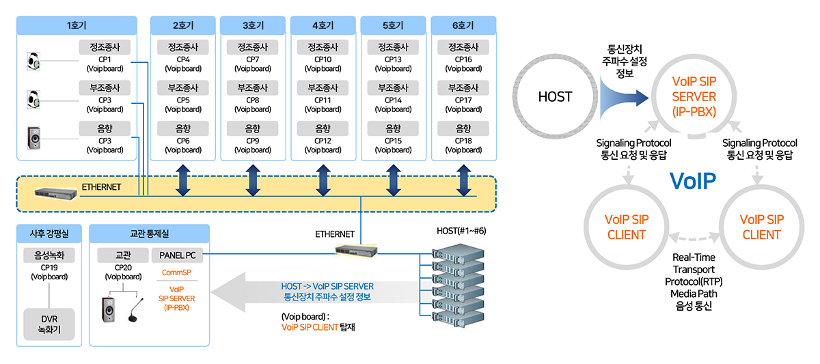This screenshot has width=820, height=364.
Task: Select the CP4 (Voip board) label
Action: point(182,64)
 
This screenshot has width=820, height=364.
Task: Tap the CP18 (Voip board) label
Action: point(463,145)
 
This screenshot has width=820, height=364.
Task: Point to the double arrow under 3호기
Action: point(253,181)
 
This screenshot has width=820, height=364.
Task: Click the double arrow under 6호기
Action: point(463,181)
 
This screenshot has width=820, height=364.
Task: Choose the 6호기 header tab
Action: point(463,25)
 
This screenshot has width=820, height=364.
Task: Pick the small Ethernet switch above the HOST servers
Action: point(356,251)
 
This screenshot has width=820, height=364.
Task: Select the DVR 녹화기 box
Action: point(49,324)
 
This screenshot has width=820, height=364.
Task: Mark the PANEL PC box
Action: point(177,255)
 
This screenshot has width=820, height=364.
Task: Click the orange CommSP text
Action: point(176,272)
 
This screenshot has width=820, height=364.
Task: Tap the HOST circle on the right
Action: point(555,97)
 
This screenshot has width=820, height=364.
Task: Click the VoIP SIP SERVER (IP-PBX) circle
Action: point(693,97)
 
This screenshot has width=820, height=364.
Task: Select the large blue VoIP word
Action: point(692,181)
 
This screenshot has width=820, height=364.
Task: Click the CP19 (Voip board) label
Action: point(49,272)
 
